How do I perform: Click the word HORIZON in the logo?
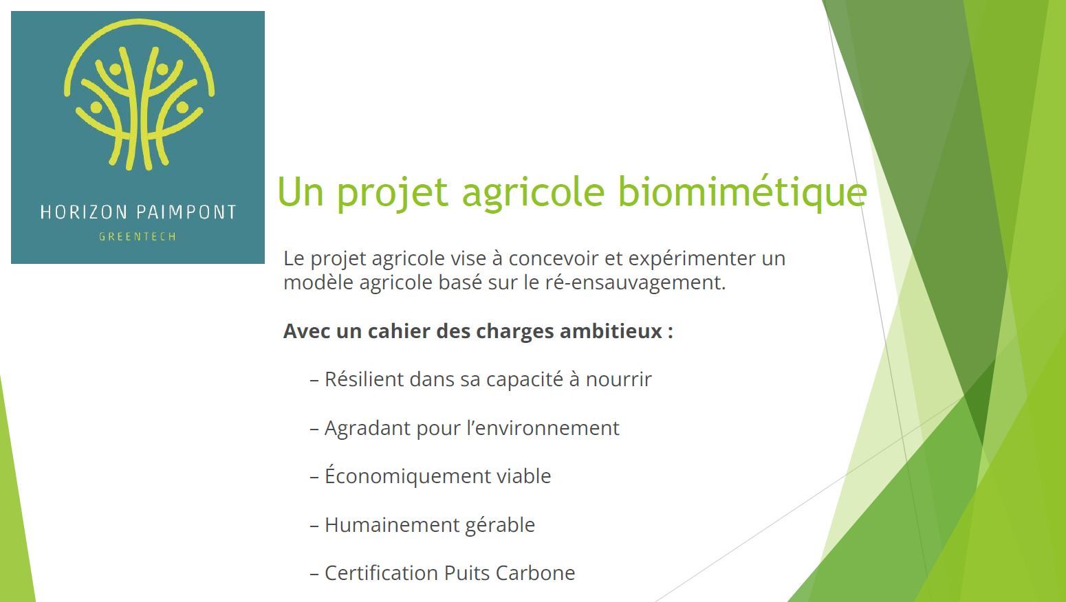click(x=84, y=212)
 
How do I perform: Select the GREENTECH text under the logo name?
click(x=138, y=236)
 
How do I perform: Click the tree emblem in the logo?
click(x=139, y=95)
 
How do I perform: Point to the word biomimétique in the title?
click(x=742, y=192)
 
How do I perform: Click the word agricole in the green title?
click(x=533, y=192)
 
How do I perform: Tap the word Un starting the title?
click(x=301, y=192)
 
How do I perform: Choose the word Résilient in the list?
click(x=364, y=379)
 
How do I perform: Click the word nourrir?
click(x=618, y=379)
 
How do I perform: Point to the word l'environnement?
click(x=543, y=428)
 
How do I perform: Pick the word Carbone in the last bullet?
click(x=535, y=573)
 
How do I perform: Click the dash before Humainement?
click(x=314, y=526)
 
